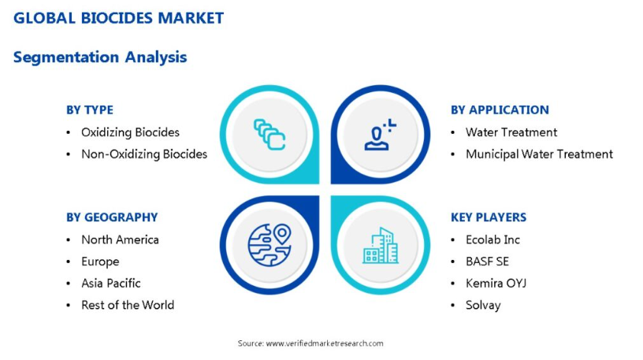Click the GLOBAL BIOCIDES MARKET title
118,18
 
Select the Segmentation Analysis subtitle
100,57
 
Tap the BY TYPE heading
90,109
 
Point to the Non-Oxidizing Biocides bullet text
144,154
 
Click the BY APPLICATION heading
500,109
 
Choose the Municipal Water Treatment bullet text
539,154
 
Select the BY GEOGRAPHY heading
112,217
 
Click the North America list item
120,239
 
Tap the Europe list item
101,262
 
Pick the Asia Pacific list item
111,284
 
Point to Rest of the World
128,305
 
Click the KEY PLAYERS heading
489,217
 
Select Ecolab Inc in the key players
493,239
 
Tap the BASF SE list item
487,262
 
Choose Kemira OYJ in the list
496,284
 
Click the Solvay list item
483,306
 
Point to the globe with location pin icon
269,245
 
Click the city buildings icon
381,245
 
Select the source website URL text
325,343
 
